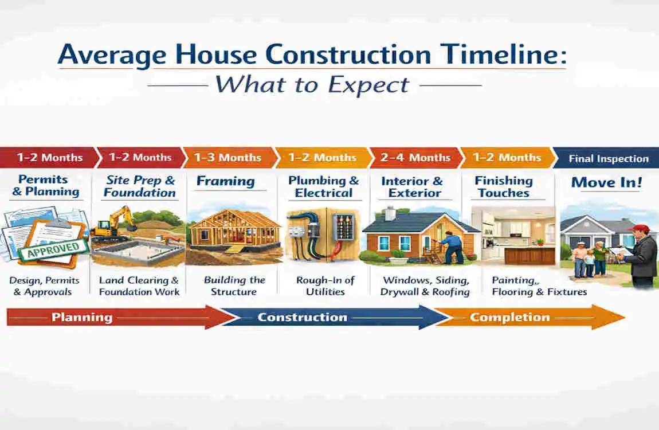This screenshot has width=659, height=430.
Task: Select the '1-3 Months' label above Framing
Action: pos(227,157)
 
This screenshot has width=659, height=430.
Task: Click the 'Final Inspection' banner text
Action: pos(609,159)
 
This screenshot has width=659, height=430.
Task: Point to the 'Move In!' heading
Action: pos(606,183)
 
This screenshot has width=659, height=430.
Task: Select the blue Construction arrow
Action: pos(327,317)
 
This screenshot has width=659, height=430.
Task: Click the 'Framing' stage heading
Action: pos(225,182)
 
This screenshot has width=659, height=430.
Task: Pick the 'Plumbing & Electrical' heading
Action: pos(324,187)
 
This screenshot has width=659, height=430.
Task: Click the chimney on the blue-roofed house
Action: pos(390,213)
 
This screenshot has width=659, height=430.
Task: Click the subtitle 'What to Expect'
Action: pos(312,85)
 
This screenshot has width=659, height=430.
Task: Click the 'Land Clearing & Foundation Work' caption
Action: pos(139,286)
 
